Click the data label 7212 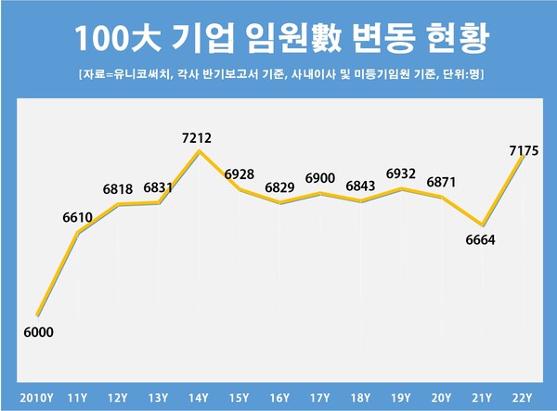click(x=198, y=138)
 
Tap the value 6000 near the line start click(x=37, y=331)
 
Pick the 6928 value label click(x=240, y=174)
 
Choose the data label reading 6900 click(x=318, y=177)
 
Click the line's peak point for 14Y click(x=199, y=151)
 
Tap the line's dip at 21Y click(x=482, y=225)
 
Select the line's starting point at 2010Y click(x=37, y=315)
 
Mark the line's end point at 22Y click(x=522, y=157)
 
